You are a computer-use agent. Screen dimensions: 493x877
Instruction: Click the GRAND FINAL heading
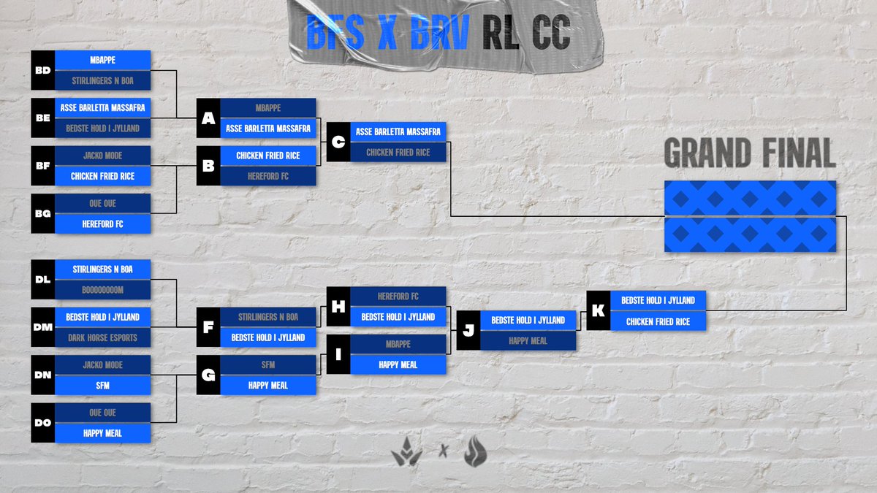click(x=750, y=154)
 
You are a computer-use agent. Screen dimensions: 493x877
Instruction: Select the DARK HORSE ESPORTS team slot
click(x=102, y=337)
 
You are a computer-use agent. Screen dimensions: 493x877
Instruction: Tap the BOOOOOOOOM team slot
click(x=102, y=290)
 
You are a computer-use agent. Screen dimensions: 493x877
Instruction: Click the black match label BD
click(x=42, y=71)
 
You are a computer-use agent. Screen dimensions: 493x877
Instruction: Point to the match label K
click(x=598, y=311)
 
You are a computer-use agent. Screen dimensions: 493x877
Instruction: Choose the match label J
click(x=468, y=331)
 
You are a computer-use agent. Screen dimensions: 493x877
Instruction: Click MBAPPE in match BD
click(x=102, y=60)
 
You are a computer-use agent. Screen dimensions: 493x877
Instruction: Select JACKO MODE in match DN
click(x=102, y=364)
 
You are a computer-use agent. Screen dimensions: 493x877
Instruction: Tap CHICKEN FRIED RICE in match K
click(x=658, y=321)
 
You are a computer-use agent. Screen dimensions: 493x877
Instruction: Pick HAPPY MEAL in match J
click(x=528, y=340)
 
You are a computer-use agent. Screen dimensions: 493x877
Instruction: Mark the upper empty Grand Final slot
click(x=750, y=198)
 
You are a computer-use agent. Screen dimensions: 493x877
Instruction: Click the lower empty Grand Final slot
click(x=750, y=234)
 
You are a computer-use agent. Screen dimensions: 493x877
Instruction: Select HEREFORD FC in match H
click(x=398, y=297)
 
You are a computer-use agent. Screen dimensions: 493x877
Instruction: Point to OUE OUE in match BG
click(x=102, y=203)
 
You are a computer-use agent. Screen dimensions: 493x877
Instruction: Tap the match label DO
click(x=42, y=423)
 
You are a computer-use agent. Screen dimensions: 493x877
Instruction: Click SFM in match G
click(x=267, y=364)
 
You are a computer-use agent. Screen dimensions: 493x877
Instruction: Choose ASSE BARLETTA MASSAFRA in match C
click(x=398, y=131)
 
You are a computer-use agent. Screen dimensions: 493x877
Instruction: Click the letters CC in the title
click(x=551, y=34)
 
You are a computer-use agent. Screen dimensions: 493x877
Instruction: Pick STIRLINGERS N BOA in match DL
click(x=102, y=269)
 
